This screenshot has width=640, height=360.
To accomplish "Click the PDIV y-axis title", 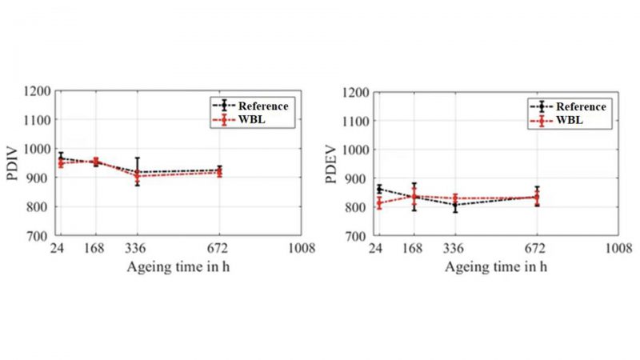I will click(14, 163).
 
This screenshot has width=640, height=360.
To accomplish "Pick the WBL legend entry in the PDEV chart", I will click(560, 121).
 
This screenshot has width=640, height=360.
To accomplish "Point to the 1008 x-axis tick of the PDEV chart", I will click(617, 248).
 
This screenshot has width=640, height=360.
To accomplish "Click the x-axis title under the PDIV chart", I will click(177, 266).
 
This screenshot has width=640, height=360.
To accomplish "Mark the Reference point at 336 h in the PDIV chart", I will click(138, 172).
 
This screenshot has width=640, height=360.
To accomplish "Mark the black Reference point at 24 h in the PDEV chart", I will click(378, 189).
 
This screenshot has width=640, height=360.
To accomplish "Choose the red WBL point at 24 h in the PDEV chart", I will click(378, 203).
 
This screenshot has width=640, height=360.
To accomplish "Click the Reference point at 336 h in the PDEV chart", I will click(454, 205).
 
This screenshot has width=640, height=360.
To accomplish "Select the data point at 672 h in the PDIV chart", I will click(220, 170).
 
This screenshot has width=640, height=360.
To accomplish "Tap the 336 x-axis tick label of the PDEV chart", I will click(454, 248).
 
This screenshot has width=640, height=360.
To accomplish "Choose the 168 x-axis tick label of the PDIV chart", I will click(97, 248).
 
